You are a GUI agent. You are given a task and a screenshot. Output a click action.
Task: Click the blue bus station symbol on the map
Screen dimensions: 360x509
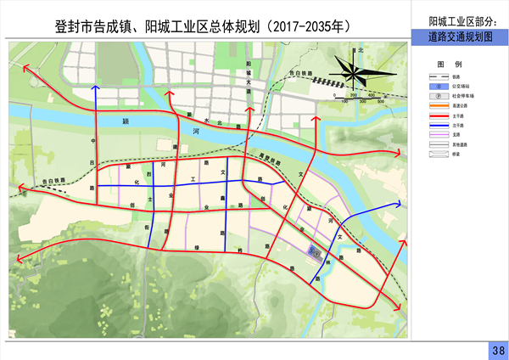(313, 251)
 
